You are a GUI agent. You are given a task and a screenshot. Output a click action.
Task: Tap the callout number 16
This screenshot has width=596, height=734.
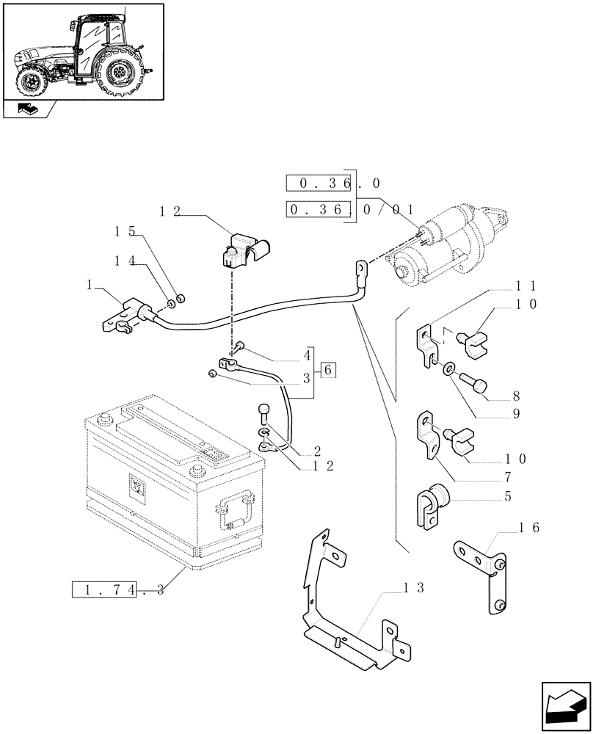pyautogui.click(x=529, y=527)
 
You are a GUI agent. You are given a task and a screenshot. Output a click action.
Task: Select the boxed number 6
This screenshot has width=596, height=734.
pyautogui.click(x=328, y=370)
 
